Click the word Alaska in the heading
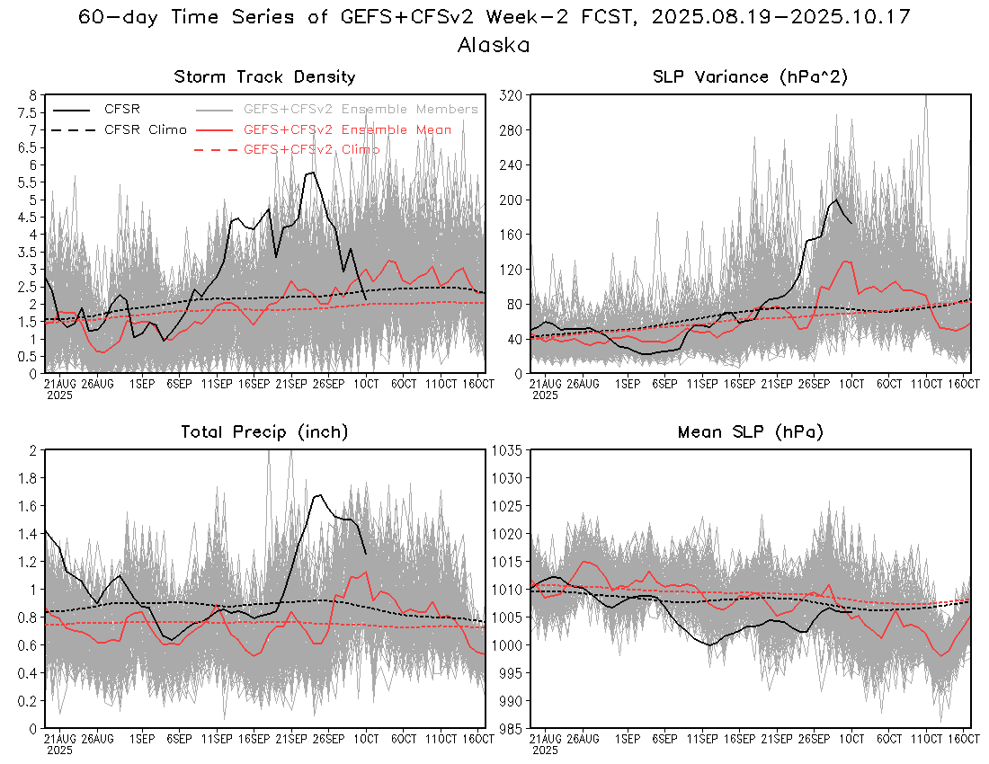[493, 44]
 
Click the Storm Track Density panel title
[264, 77]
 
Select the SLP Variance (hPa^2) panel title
[750, 77]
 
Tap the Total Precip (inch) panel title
[264, 432]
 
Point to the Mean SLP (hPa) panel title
[750, 432]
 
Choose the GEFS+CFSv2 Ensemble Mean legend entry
[347, 129]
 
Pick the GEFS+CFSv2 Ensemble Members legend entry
[361, 109]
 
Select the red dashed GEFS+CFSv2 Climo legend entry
[311, 149]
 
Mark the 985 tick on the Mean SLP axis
[510, 728]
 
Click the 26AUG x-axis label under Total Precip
[96, 739]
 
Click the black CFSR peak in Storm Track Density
[312, 173]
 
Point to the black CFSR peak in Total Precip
[318, 494]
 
